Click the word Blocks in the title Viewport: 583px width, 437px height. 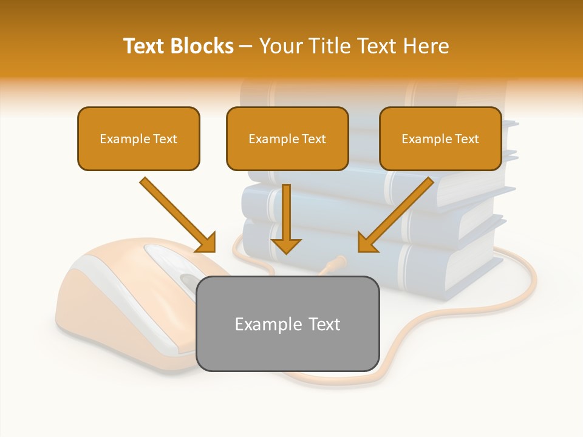pos(203,46)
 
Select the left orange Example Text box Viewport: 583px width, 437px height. pos(138,138)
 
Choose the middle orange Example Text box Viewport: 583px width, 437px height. pos(287,138)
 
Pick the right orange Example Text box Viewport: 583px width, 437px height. pos(440,138)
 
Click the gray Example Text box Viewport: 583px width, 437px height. pos(287,324)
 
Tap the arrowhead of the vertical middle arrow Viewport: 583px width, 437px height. pos(286,245)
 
